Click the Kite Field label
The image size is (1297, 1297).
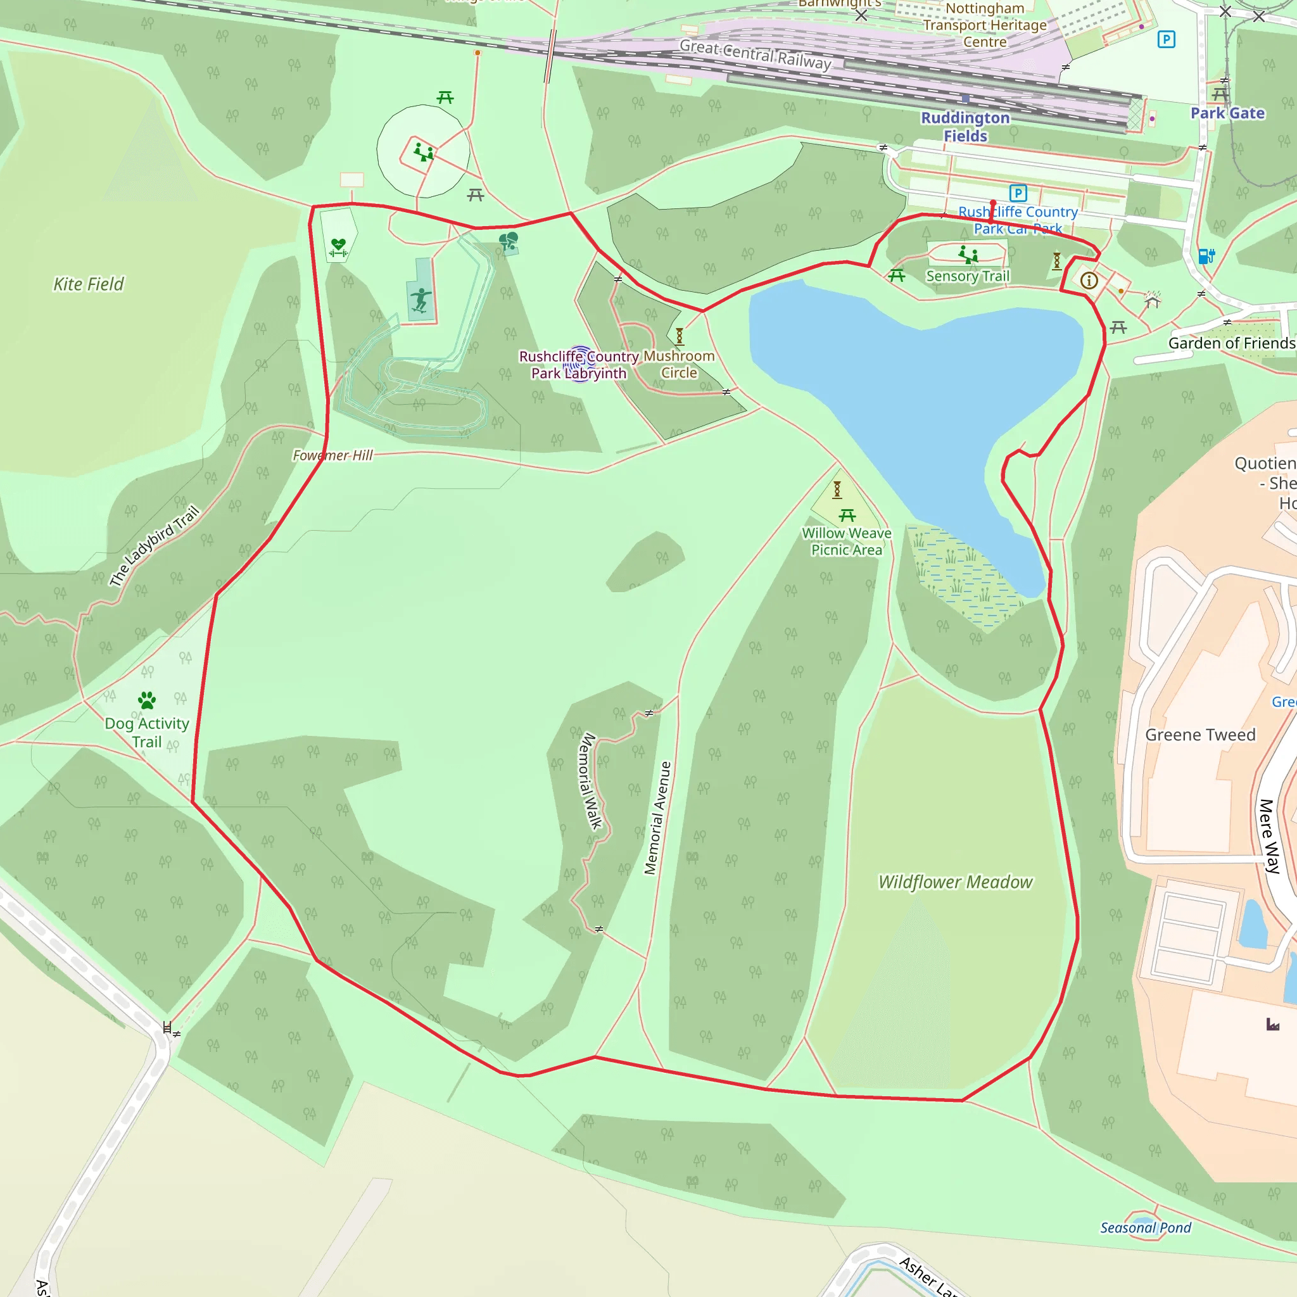[x=89, y=284]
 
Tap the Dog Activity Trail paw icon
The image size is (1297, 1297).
[x=147, y=700]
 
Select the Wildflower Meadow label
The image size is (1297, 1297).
[x=955, y=882]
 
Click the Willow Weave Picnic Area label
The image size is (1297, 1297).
[x=847, y=541]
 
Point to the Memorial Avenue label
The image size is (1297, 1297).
[x=657, y=818]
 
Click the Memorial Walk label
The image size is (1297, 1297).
[x=590, y=781]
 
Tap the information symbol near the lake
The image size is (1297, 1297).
[x=1089, y=281]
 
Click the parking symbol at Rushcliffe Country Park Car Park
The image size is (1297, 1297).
[x=1018, y=193]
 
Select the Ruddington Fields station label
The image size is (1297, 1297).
[x=965, y=126]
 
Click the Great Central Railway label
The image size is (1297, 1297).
[x=756, y=55]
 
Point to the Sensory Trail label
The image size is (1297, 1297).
[x=968, y=276]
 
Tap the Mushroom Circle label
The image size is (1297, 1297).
[x=680, y=364]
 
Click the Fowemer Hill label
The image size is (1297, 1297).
[x=332, y=455]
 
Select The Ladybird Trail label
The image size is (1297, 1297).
[x=155, y=546]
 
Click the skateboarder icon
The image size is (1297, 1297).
[x=421, y=300]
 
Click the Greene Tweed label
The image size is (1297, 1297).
[x=1200, y=735]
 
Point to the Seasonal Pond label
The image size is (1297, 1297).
[x=1145, y=1228]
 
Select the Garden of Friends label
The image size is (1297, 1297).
[x=1232, y=343]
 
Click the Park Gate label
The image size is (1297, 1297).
[x=1227, y=113]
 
